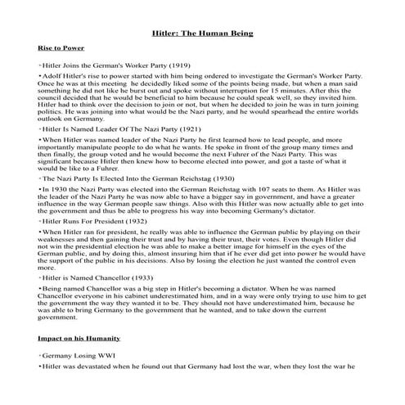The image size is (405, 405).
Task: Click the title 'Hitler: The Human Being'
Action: [x=202, y=34]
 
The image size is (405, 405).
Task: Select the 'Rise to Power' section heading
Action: [x=61, y=49]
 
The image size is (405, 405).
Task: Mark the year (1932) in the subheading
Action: [x=132, y=220]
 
